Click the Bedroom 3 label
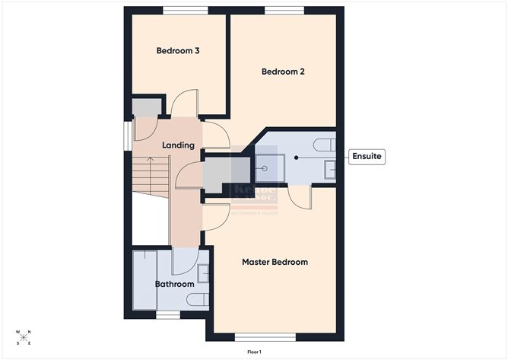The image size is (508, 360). click(178, 51)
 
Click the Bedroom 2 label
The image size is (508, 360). click(283, 72)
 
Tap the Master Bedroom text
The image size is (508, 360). click(275, 262)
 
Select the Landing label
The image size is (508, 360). click(179, 145)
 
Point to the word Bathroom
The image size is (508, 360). click(175, 285)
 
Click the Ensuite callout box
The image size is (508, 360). click(367, 157)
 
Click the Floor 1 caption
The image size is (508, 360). click(254, 352)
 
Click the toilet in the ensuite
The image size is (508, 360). click(325, 144)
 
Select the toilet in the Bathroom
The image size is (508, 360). click(198, 299)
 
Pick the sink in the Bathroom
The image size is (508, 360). click(203, 272)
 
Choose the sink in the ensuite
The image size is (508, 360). click(329, 170)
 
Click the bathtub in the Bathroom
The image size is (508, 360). click(144, 279)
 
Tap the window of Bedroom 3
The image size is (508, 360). click(186, 10)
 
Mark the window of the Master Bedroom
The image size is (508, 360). click(265, 336)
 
